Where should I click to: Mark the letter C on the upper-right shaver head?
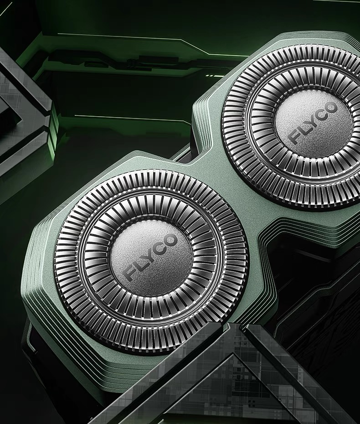coord(323,114)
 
